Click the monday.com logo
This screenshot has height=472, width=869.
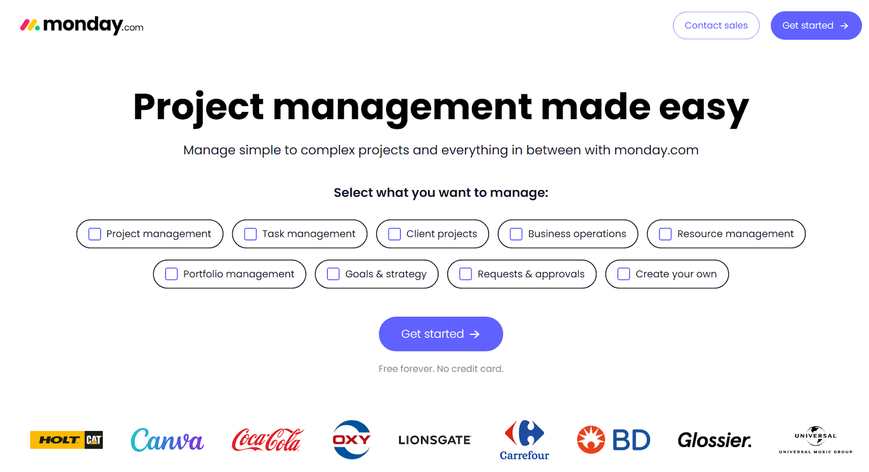81,25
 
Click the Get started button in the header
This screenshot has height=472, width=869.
815,26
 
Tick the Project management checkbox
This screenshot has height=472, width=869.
95,234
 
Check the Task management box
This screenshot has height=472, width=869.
250,234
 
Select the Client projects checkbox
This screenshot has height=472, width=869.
394,234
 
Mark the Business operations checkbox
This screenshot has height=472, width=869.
516,234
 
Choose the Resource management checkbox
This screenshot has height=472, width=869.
665,234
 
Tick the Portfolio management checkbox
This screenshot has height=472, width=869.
171,274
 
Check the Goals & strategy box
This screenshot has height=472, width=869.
333,274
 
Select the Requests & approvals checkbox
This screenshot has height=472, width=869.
465,274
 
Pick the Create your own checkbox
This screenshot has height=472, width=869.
624,274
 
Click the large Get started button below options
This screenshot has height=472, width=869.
440,334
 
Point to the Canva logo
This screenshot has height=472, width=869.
167,440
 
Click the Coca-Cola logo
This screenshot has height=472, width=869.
267,440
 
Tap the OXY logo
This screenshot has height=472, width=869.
351,439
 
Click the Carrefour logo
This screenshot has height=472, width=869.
524,440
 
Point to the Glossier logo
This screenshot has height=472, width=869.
714,440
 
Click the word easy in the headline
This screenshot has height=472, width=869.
703,107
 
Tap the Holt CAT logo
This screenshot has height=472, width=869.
66,440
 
